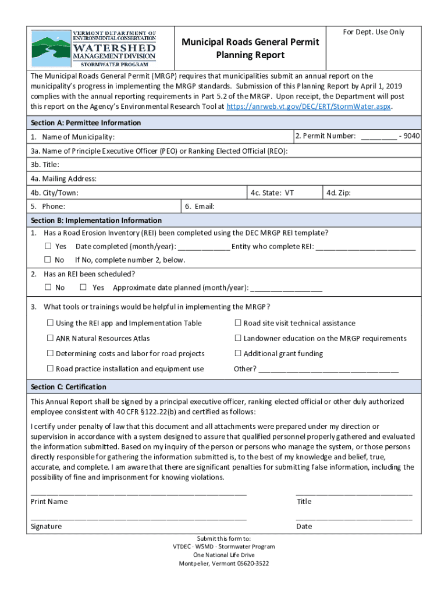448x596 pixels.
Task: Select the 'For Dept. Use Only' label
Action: point(373,32)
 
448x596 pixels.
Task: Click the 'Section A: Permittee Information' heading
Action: point(86,123)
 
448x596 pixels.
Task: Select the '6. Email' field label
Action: point(200,207)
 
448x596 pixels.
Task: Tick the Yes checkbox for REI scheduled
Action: point(83,288)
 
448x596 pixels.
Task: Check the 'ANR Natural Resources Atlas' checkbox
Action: point(51,338)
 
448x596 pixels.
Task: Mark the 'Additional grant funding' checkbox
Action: point(238,353)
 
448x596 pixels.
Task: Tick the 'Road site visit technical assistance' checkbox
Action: point(238,323)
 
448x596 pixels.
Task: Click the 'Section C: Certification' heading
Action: point(69,387)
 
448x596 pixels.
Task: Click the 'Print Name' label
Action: point(49,502)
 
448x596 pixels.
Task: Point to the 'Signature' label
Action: point(46,527)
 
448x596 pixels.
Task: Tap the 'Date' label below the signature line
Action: point(304,527)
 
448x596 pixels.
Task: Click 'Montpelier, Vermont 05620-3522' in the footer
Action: point(223,563)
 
